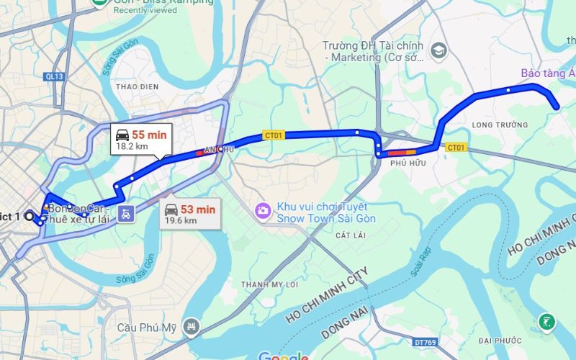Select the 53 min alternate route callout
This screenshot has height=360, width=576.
(189, 214)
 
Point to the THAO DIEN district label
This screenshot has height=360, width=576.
(137, 86)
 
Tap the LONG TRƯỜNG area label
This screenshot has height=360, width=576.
(500, 125)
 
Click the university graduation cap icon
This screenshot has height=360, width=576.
(438, 51)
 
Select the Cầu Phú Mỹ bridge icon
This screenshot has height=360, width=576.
(191, 327)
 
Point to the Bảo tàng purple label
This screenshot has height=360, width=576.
(548, 73)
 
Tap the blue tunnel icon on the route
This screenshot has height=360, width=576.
(126, 213)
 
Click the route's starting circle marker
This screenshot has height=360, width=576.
(30, 215)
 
